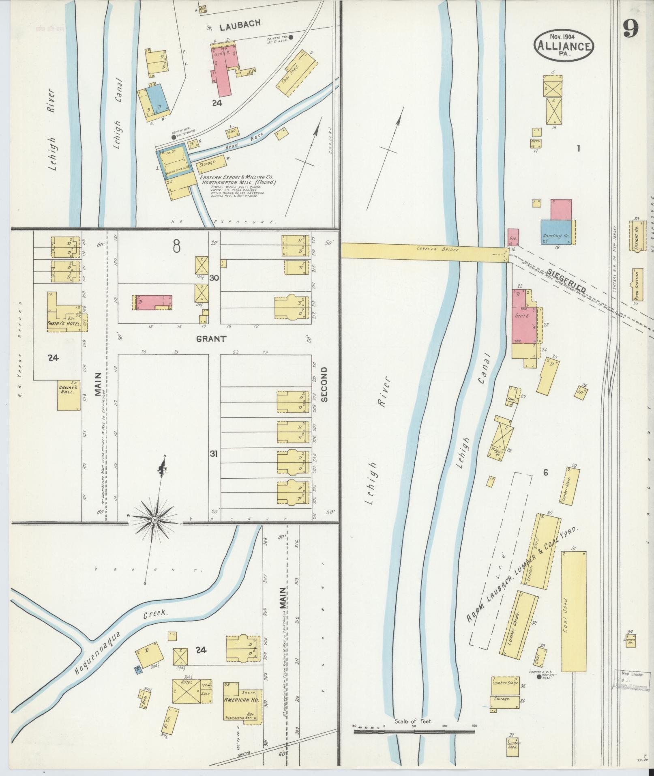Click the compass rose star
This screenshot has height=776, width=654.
155,519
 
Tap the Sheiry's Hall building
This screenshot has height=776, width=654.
69,395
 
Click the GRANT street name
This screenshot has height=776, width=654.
211,338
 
